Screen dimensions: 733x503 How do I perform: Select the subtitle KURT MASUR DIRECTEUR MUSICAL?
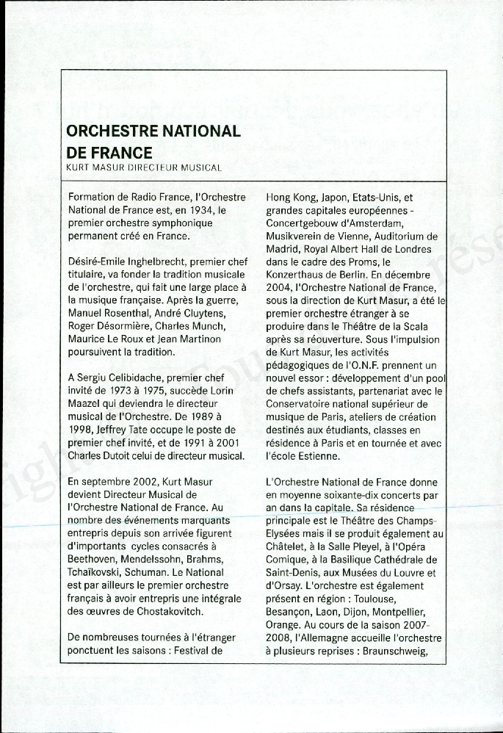tap(144, 167)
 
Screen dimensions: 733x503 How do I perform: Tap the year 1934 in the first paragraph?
tap(190, 210)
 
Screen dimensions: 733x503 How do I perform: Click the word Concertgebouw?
tap(304, 223)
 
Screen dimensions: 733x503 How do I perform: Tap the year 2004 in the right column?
tap(279, 288)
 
